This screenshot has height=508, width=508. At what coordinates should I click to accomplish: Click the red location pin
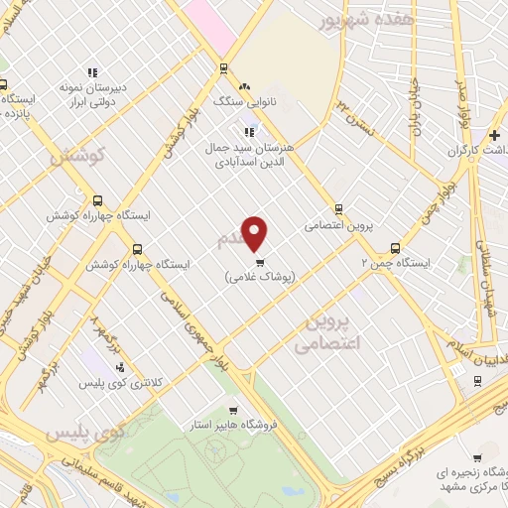(255, 232)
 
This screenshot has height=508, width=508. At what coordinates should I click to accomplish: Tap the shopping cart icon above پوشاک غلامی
(260, 263)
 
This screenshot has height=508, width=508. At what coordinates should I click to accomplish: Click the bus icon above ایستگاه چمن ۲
(395, 249)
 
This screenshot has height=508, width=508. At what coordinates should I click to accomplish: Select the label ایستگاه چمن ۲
(395, 265)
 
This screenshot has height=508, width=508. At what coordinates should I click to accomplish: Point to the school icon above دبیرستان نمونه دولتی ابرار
(92, 72)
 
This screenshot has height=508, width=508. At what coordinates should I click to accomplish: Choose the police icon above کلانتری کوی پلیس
(121, 367)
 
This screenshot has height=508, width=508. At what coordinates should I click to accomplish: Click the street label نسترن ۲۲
(357, 117)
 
